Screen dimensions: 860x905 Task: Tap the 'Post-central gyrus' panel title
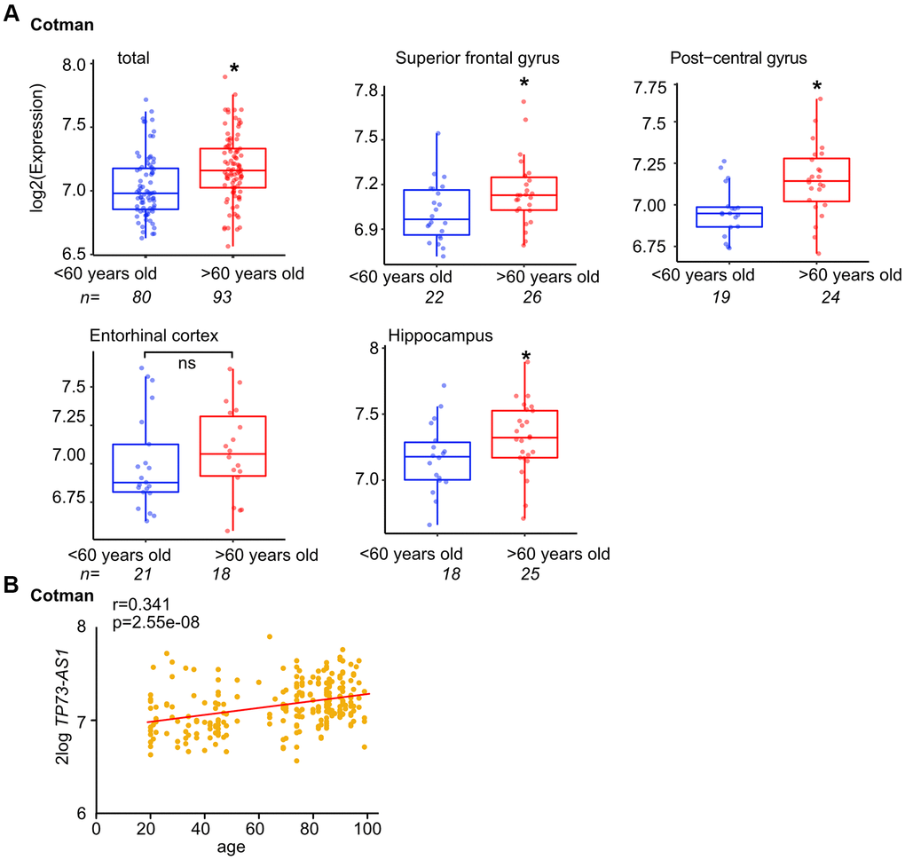point(738,59)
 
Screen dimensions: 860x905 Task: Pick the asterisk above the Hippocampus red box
point(525,358)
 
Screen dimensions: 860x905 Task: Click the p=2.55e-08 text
point(156,623)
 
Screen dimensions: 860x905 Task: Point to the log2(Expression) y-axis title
point(38,146)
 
